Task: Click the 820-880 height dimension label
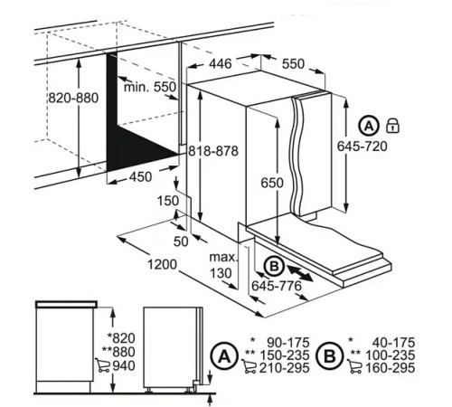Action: coord(73,98)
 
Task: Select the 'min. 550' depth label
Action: coord(150,87)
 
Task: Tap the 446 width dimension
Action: coord(221,63)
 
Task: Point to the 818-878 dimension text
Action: coord(213,151)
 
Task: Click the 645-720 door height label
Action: coord(362,147)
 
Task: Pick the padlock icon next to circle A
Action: coord(392,125)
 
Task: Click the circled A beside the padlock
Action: coord(369,126)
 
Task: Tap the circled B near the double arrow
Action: coord(274,266)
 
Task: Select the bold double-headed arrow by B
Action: coord(299,273)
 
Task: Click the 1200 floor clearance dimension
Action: coord(162,264)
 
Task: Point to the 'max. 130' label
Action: coord(223,265)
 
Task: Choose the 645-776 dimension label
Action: coord(277,286)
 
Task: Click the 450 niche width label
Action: coord(141,177)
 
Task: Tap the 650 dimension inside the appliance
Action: coord(272,183)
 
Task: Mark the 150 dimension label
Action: coord(168,201)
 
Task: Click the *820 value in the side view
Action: coord(121,338)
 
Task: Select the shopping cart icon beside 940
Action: coord(103,364)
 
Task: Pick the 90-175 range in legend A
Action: coord(288,343)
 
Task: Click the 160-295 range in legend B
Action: coord(391,368)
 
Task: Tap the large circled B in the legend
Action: coord(330,356)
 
